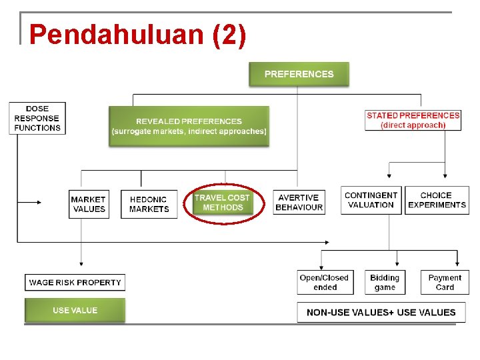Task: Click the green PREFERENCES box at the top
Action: click(x=299, y=74)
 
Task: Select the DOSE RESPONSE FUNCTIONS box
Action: click(x=37, y=118)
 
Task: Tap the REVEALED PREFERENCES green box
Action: click(x=189, y=126)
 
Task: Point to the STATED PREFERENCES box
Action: click(x=413, y=120)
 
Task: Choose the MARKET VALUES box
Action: click(x=89, y=204)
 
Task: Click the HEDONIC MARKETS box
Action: click(x=149, y=204)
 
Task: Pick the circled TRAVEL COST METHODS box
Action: click(x=223, y=203)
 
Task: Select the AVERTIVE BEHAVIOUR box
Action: click(x=299, y=203)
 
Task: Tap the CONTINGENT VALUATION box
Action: click(x=371, y=200)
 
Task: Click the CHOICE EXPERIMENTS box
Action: click(x=437, y=200)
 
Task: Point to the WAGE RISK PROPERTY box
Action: click(x=75, y=283)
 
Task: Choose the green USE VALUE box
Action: click(x=75, y=311)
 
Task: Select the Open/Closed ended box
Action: click(x=325, y=282)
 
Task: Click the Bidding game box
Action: click(x=385, y=282)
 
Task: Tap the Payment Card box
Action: click(x=445, y=282)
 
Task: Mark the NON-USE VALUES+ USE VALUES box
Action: click(x=381, y=312)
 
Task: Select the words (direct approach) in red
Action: click(x=413, y=125)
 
